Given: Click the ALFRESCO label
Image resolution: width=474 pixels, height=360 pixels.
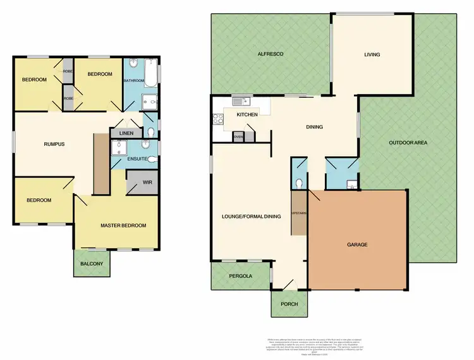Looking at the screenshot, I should (269, 55).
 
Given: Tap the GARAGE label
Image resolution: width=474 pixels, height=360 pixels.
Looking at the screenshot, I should (357, 244).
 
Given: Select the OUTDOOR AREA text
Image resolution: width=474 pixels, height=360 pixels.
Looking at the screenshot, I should (408, 143).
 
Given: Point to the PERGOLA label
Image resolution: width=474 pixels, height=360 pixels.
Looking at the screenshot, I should (241, 276).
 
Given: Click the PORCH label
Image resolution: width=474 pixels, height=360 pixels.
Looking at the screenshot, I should (288, 304).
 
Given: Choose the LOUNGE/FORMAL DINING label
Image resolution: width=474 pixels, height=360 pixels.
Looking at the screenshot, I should (252, 217).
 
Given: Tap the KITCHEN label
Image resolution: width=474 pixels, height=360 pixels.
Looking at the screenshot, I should (246, 115).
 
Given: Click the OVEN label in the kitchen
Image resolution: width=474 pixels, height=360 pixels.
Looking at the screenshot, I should (238, 136).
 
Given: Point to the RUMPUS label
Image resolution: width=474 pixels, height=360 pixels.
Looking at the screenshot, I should (54, 144).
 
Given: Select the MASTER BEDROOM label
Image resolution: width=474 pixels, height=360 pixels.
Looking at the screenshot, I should (123, 225).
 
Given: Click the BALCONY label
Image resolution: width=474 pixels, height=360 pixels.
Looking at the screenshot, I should (92, 263).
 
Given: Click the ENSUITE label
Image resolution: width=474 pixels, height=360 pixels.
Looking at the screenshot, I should (138, 159).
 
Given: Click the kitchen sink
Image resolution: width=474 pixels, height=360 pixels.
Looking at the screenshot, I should (241, 101).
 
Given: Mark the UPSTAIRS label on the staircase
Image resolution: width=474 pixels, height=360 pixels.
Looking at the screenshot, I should (298, 213).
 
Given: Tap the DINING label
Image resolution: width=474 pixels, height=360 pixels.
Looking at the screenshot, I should (314, 127).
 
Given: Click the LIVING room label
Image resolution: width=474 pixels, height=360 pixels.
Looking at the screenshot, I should (372, 55).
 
